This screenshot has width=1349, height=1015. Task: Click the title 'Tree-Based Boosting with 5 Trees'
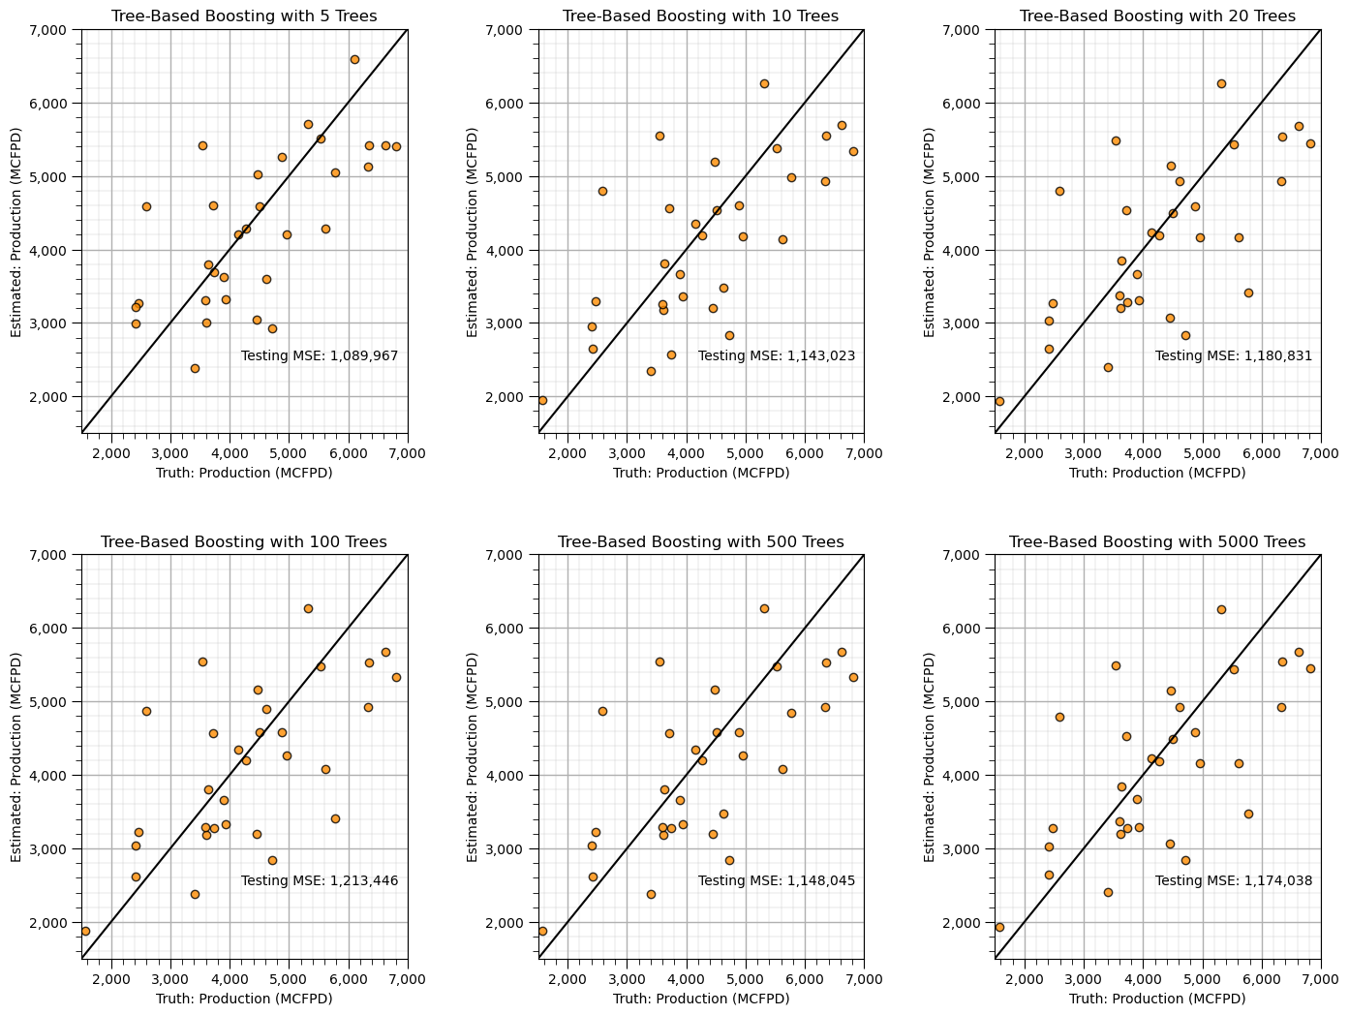244,16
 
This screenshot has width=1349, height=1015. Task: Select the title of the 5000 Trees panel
1157,541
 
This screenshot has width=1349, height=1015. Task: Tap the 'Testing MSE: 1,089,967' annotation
320,356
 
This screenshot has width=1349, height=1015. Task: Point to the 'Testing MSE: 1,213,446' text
320,881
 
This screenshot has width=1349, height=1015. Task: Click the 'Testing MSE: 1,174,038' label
1234,881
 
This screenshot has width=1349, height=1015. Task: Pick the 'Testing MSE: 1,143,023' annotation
777,356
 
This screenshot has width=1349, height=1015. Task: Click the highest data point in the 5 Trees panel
354,59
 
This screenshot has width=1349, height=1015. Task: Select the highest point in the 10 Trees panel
764,83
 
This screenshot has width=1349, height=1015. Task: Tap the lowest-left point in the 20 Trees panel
999,401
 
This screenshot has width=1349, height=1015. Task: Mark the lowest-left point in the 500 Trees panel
542,931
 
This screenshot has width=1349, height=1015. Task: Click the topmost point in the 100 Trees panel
308,608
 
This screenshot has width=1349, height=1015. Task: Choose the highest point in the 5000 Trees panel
1221,609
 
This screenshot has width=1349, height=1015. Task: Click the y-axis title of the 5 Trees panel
16,231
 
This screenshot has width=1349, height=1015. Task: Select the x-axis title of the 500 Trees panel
701,999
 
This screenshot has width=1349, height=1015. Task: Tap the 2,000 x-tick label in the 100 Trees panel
111,979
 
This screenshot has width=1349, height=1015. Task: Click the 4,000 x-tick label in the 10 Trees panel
687,454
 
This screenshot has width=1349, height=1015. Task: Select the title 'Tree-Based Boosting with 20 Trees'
1157,16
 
